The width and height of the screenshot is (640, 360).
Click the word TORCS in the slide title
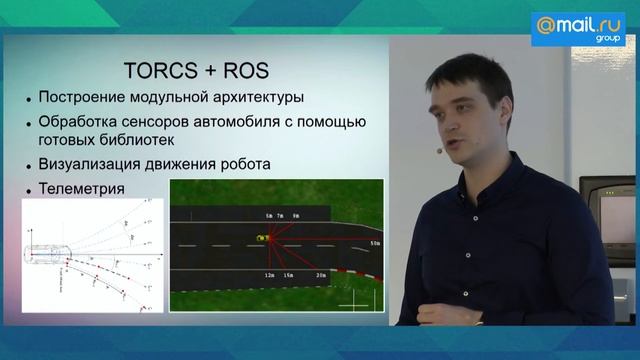click(x=159, y=72)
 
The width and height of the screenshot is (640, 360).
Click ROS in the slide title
click(x=246, y=72)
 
